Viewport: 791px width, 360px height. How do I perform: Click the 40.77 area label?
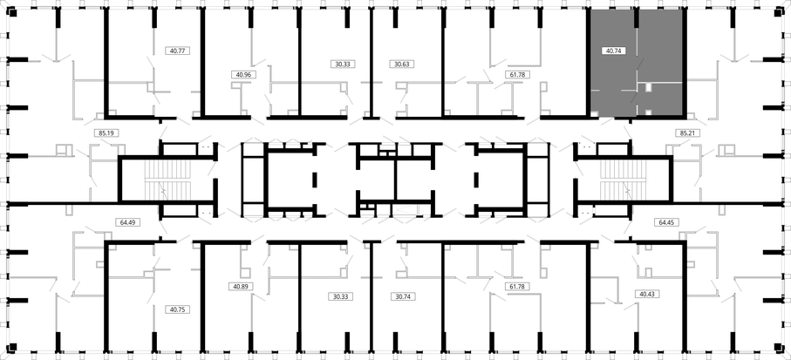[x=178, y=51]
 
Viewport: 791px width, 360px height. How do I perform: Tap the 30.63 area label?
[x=402, y=64]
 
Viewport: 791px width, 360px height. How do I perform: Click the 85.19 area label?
[x=106, y=133]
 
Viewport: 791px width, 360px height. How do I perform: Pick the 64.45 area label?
[x=666, y=221]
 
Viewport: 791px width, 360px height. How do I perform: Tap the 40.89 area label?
[x=241, y=286]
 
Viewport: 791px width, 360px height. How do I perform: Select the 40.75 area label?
[x=178, y=309]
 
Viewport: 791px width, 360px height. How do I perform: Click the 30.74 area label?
[x=403, y=296]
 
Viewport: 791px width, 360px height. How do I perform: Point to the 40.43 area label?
[x=648, y=293]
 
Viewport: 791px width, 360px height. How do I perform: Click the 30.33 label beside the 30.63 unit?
[x=343, y=64]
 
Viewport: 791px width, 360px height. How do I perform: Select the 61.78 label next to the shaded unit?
[x=517, y=74]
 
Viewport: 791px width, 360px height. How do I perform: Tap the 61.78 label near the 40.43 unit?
[x=517, y=286]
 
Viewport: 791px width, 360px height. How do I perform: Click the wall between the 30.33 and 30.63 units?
[x=372, y=63]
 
